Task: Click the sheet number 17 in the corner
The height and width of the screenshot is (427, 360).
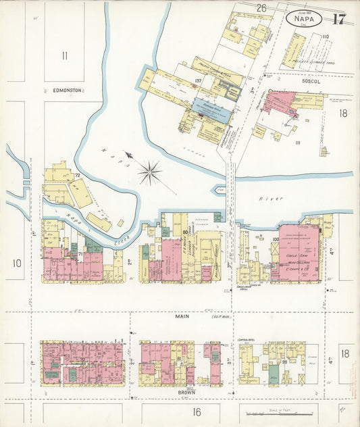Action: click(338, 18)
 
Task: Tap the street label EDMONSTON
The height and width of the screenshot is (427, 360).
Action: click(67, 90)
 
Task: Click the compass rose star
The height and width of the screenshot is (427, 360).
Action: click(149, 172)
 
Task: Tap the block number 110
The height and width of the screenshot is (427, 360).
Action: click(325, 36)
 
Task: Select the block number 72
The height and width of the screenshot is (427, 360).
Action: click(78, 176)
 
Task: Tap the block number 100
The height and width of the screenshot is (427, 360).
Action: click(276, 239)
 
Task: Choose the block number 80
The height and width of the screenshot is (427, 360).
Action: click(184, 232)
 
